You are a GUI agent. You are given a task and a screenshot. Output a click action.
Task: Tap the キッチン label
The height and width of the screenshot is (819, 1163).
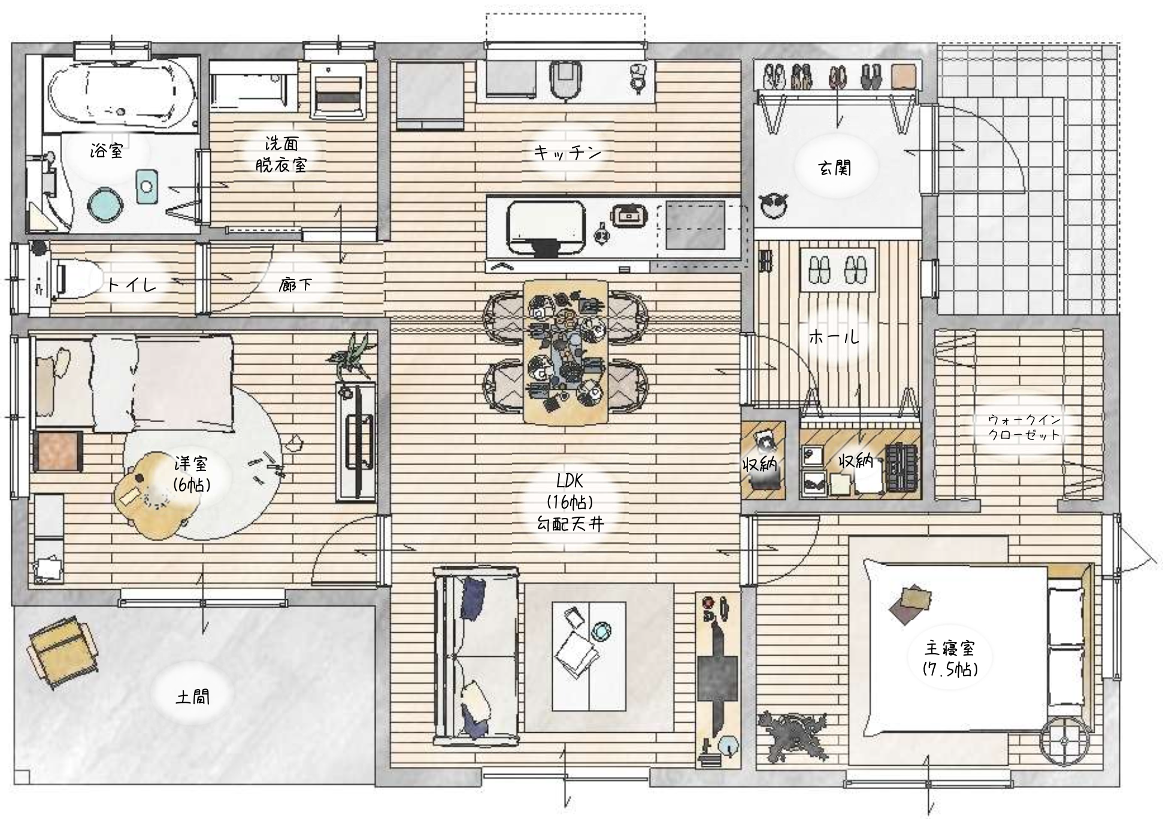(x=567, y=153)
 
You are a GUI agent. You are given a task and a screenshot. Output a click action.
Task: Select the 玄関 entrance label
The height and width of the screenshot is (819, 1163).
(x=835, y=168)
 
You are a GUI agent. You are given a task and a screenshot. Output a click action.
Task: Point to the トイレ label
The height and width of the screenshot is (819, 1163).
(x=132, y=284)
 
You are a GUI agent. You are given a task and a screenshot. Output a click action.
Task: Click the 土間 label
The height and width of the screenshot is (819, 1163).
(x=193, y=697)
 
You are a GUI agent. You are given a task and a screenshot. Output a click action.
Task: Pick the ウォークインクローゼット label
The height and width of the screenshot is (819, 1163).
(x=1024, y=427)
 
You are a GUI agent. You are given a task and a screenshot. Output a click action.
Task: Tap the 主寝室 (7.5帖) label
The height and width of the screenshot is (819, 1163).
(x=950, y=658)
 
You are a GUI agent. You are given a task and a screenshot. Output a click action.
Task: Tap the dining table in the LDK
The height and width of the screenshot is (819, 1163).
(x=566, y=351)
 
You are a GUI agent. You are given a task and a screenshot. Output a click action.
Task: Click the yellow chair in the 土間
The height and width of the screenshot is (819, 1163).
(x=63, y=652)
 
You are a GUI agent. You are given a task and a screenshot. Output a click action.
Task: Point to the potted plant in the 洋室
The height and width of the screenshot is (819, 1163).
(x=353, y=356)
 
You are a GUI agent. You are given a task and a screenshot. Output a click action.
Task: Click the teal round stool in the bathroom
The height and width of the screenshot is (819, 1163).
(x=105, y=205)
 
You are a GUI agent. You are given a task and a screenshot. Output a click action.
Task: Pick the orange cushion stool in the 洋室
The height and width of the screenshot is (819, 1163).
(x=58, y=450)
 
